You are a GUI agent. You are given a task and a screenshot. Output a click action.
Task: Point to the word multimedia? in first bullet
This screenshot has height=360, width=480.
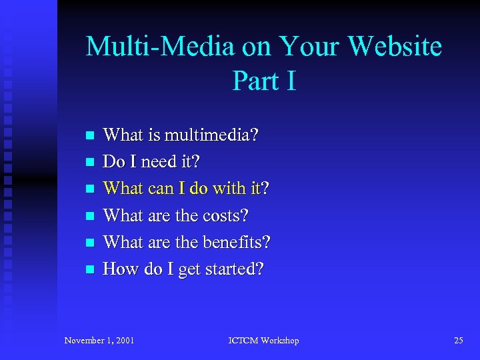[x=212, y=135]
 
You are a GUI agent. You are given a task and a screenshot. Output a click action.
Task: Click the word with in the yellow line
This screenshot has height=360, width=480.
[x=229, y=189]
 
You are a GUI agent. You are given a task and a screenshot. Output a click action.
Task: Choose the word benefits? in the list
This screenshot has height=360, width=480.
[x=236, y=242]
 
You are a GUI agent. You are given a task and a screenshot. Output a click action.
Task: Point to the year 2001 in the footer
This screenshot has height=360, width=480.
[x=123, y=341]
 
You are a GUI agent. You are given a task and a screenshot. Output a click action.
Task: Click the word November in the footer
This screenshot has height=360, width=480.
[x=85, y=341]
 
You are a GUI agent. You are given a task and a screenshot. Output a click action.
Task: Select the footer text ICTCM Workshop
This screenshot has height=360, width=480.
[x=263, y=341]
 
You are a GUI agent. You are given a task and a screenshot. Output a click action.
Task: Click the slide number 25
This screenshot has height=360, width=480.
[x=458, y=341]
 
